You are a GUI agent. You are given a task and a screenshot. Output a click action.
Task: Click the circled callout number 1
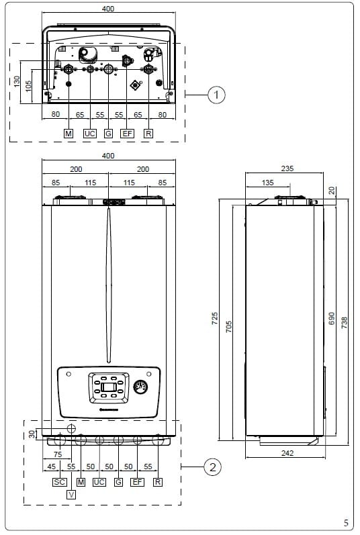point(216,95)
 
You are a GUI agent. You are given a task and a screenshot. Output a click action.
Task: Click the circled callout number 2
point(213,467)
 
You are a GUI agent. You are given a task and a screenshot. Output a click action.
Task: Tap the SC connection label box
point(59,482)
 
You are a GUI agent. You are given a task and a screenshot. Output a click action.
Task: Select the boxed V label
point(71,495)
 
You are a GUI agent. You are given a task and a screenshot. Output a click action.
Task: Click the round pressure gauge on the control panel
point(140,387)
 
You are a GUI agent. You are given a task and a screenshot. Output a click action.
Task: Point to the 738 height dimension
point(345,322)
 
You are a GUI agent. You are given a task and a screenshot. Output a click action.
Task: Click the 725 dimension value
point(215,318)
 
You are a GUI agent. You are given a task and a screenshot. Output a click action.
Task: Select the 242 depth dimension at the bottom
point(287,453)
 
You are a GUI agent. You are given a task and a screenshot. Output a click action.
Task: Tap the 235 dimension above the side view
point(287,168)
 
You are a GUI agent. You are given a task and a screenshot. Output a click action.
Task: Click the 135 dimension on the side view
point(267,183)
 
